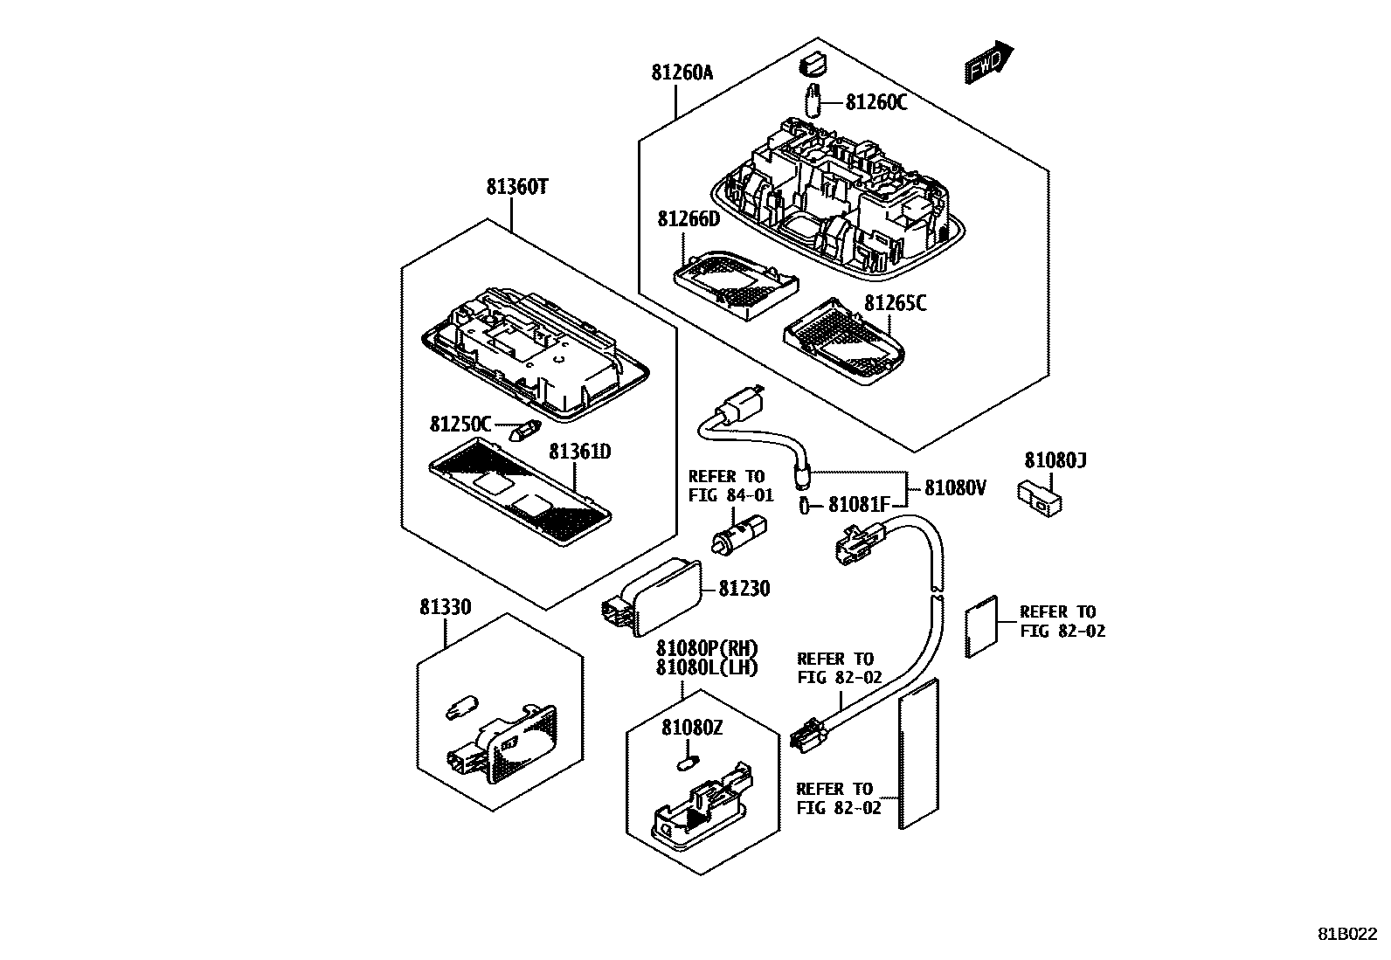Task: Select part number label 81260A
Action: (x=682, y=73)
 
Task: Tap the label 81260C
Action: (x=875, y=103)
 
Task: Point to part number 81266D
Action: (x=689, y=218)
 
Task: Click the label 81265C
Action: (x=896, y=303)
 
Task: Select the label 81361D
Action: (x=579, y=452)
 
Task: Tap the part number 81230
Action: (x=744, y=589)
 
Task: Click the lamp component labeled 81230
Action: (x=657, y=597)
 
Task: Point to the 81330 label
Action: (x=445, y=607)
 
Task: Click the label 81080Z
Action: (x=691, y=728)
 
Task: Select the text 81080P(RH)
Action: (x=706, y=649)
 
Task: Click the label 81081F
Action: (x=859, y=504)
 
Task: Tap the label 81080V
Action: (x=955, y=488)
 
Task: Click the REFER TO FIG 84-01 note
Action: (x=730, y=486)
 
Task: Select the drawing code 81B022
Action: (x=1346, y=934)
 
